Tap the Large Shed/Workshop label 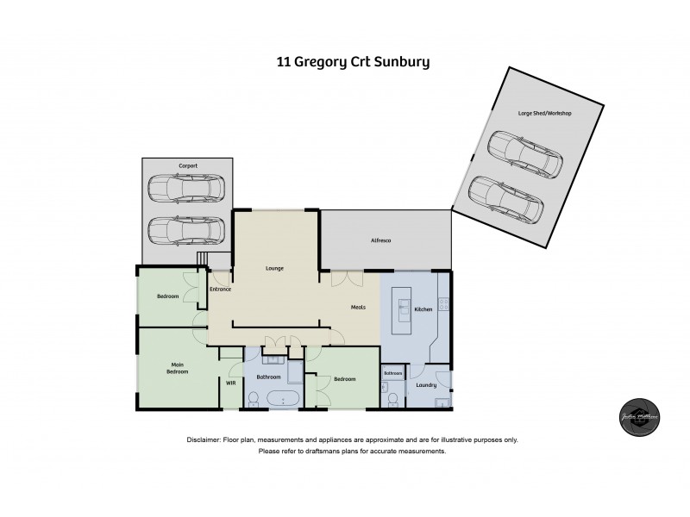[x=545, y=114]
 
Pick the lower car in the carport [x=185, y=228]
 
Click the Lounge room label [x=274, y=269]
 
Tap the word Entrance [x=220, y=290]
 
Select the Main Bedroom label [x=179, y=368]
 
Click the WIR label [x=230, y=383]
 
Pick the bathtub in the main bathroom [x=282, y=399]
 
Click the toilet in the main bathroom [x=254, y=397]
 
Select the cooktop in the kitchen [x=443, y=302]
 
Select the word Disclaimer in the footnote [x=204, y=439]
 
